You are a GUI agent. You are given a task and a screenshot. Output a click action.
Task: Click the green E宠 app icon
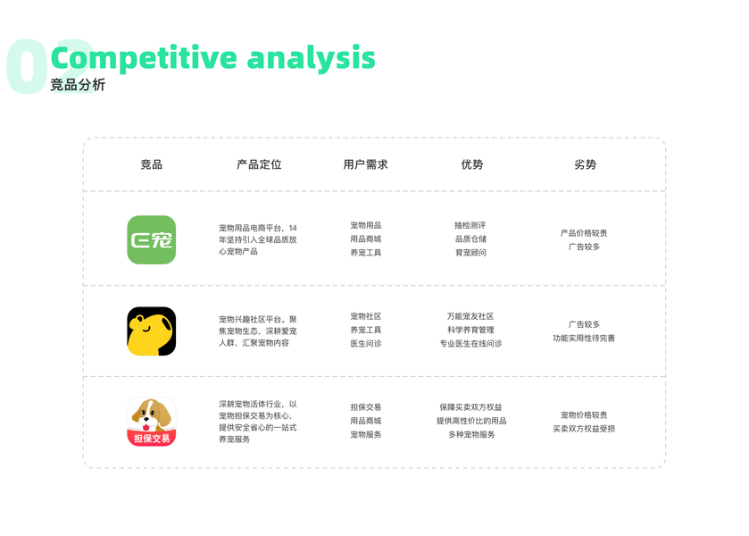coord(152,239)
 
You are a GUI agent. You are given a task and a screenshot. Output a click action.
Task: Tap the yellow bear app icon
coord(152,331)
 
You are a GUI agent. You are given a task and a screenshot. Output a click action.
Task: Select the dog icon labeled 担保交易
coord(152,422)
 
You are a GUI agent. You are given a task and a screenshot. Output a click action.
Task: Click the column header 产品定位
coord(259,164)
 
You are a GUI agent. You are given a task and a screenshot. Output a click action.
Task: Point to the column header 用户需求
coord(365,164)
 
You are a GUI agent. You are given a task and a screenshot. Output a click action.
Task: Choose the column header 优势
coord(472,164)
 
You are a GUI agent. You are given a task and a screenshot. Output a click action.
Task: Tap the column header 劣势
coord(585,164)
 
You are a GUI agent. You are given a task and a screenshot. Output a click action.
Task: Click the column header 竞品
coord(152,164)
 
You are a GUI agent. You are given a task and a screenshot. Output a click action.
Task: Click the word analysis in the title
coord(311,58)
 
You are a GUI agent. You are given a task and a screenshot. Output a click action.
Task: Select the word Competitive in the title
coord(144,58)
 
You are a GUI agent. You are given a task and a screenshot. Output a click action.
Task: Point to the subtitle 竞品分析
coord(78,85)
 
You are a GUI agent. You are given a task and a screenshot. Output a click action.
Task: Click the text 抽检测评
coord(470,225)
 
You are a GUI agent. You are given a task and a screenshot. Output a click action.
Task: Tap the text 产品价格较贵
coord(584,233)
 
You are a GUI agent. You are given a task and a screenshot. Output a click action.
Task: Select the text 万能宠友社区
coord(470,316)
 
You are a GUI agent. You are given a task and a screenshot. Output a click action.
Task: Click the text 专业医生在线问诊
coord(471,343)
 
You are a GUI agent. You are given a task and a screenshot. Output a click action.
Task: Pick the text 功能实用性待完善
coord(584,338)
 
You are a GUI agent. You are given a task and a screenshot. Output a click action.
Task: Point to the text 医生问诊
coord(366,343)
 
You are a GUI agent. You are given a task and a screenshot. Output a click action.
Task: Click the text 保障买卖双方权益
coord(471,406)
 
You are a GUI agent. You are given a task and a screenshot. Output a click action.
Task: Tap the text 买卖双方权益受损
coord(584,429)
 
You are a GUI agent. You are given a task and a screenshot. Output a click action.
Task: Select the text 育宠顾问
coord(470,253)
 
